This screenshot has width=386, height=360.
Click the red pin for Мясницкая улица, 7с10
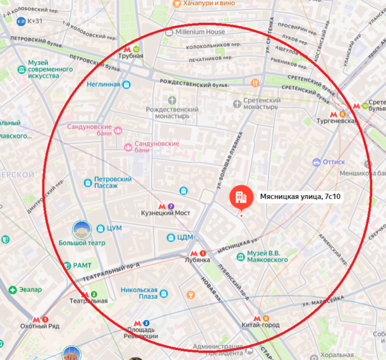click(239, 196)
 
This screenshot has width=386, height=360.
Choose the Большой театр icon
click(81, 229)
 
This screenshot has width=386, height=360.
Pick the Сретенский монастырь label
click(257, 104)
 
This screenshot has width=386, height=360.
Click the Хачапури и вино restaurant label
click(208, 4)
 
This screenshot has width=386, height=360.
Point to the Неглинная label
click(104, 85)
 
